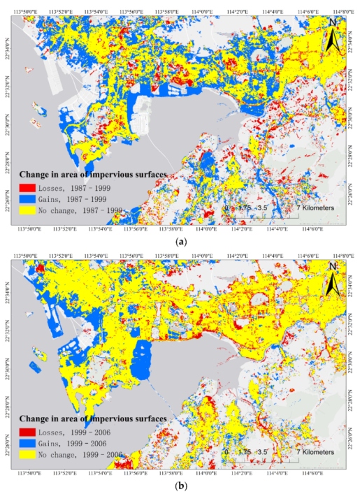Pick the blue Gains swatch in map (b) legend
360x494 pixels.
point(29,442)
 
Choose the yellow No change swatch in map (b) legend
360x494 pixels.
point(29,453)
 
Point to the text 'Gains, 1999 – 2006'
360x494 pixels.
point(80,442)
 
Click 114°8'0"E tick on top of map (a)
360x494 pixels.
point(341,12)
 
